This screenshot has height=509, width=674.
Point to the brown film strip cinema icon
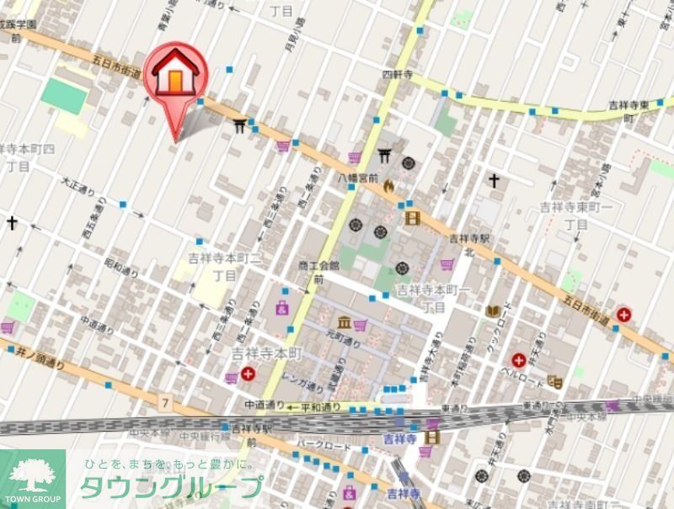(412, 219)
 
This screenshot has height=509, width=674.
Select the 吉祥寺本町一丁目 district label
(433, 298)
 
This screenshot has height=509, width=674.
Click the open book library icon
(493, 310)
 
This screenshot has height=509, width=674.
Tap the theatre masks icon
(554, 381)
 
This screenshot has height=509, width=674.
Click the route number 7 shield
(165, 405)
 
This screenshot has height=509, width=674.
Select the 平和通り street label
(323, 406)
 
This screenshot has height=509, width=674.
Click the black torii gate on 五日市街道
(241, 125)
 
